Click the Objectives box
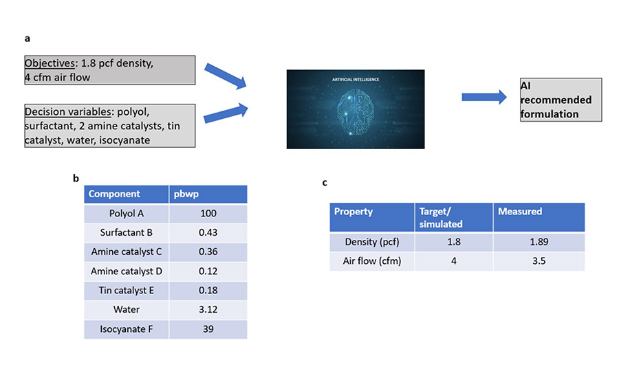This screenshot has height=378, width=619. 110,70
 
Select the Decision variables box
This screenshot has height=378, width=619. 110,126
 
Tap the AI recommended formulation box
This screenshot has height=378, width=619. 561,100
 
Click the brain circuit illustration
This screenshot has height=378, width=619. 356,109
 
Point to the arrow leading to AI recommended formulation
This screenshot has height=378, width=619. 484,97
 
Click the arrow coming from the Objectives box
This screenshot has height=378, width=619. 226,76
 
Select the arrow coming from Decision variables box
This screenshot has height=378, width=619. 226,113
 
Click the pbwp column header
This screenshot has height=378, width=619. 208,194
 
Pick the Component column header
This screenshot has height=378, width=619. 127,194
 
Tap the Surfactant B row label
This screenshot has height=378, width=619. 127,232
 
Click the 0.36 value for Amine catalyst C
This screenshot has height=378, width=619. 208,252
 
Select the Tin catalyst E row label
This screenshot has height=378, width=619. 127,291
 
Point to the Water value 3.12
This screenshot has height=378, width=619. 208,309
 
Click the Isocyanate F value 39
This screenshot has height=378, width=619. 208,329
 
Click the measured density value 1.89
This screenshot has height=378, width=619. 539,241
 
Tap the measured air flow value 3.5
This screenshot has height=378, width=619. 539,260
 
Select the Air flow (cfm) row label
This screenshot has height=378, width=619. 372,260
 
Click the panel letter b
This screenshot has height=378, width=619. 76,178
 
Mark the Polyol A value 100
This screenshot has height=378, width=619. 208,214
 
